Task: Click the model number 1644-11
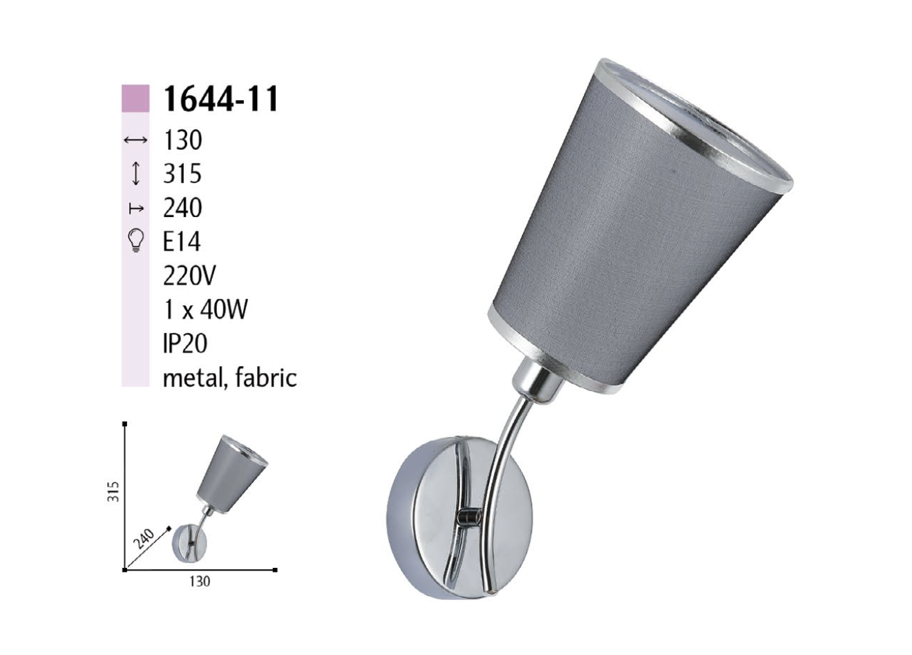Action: pyautogui.click(x=220, y=99)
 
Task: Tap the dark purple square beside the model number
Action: pyautogui.click(x=135, y=99)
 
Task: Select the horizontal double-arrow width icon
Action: pyautogui.click(x=135, y=140)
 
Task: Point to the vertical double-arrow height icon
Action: pyautogui.click(x=136, y=174)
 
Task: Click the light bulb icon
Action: pyautogui.click(x=136, y=241)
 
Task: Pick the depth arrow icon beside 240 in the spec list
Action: pyautogui.click(x=136, y=209)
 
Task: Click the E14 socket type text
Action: pyautogui.click(x=182, y=243)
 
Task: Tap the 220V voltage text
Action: pyautogui.click(x=189, y=276)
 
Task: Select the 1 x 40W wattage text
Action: pyautogui.click(x=205, y=310)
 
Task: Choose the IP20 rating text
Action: pyautogui.click(x=185, y=344)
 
